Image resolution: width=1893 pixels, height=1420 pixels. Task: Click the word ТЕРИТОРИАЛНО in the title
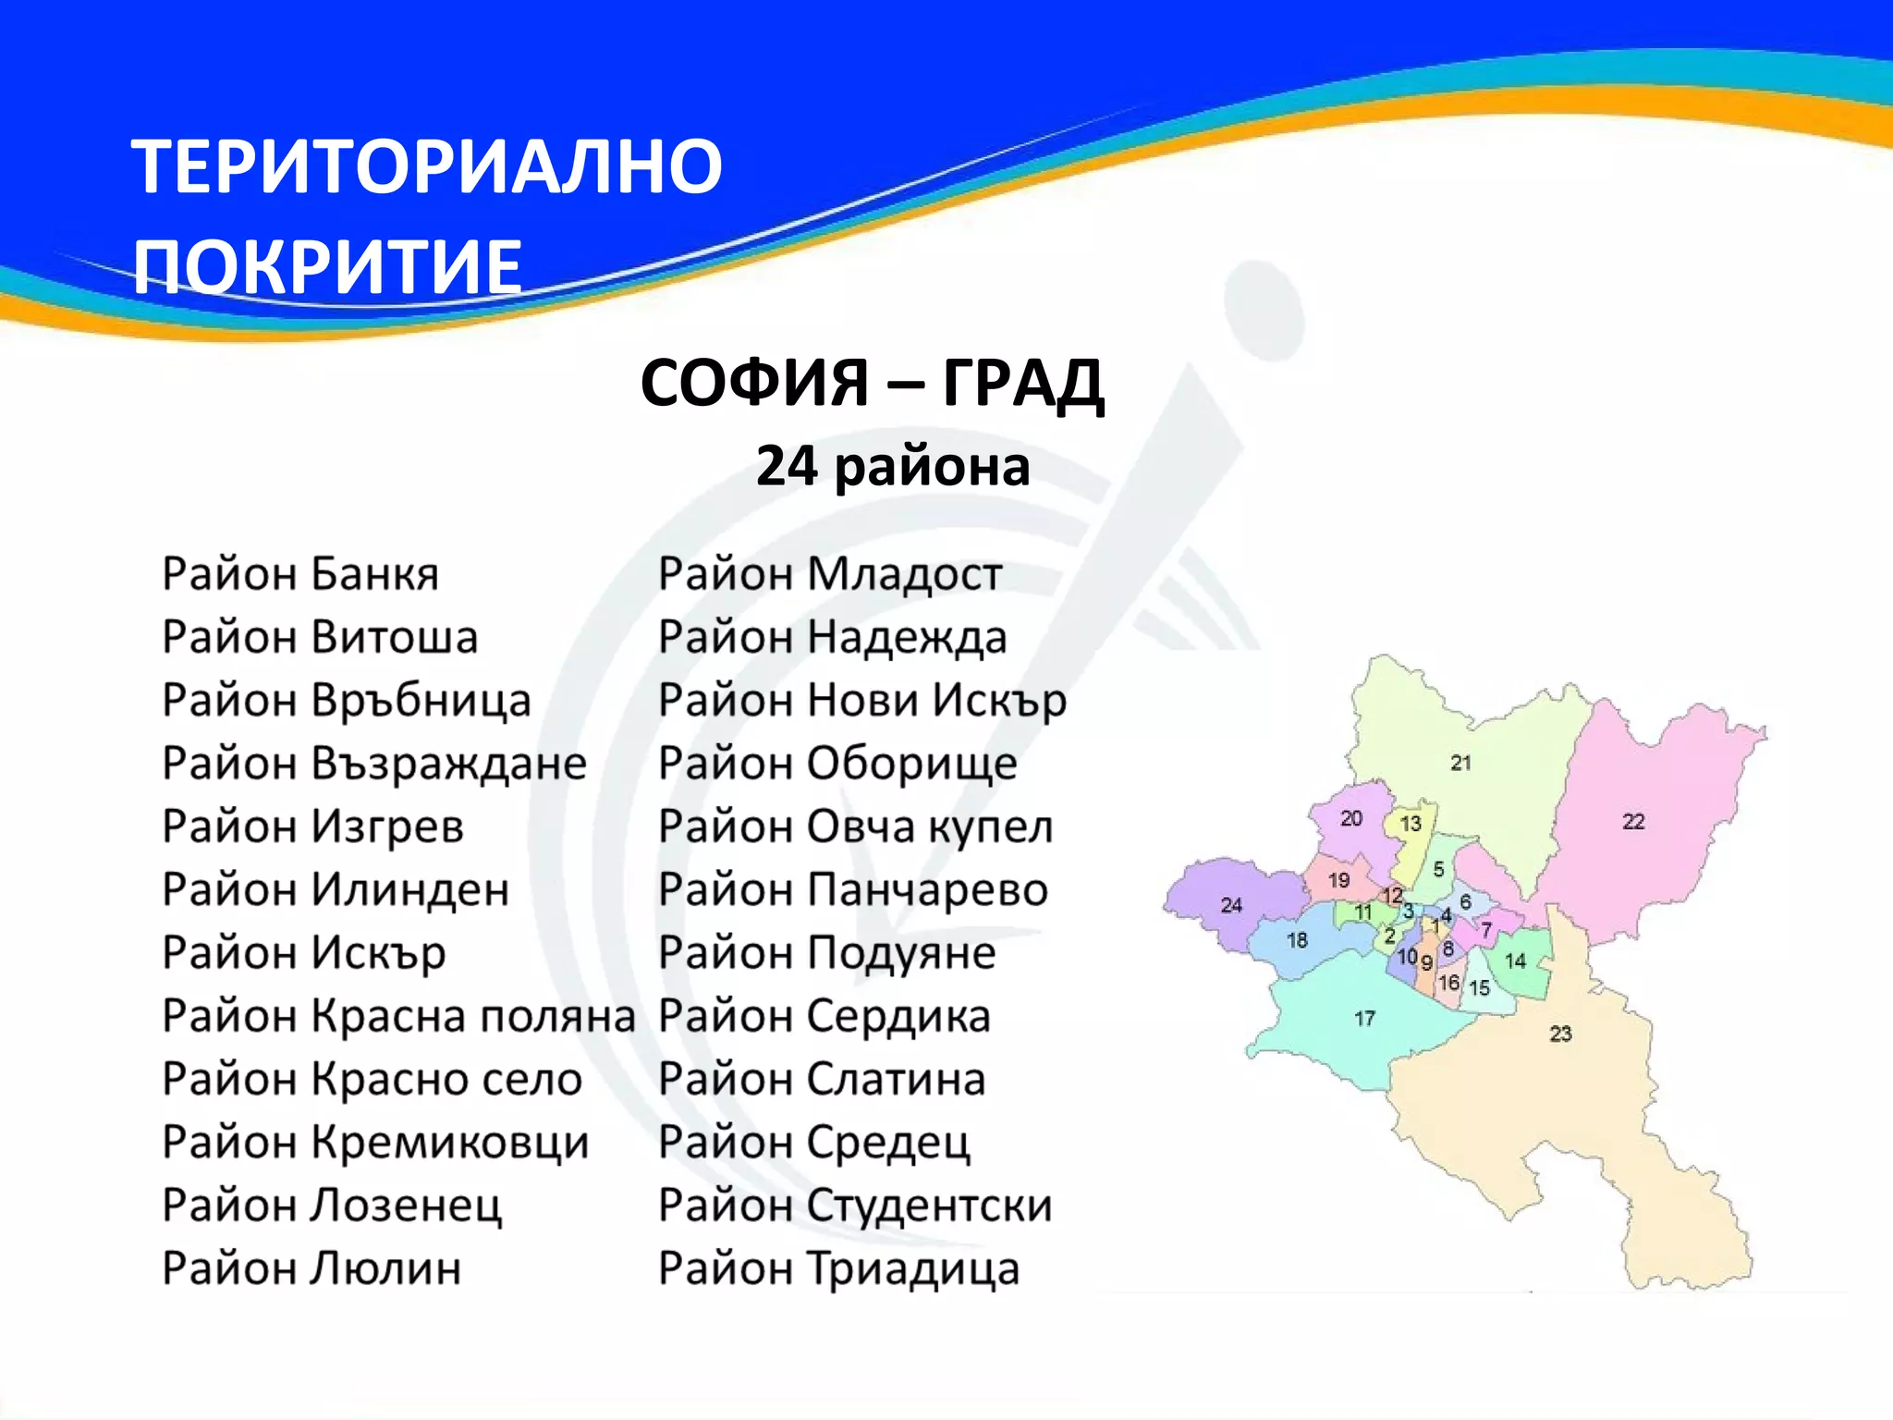pyautogui.click(x=427, y=166)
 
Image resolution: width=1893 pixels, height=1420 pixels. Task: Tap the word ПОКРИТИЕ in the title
pyautogui.click(x=328, y=266)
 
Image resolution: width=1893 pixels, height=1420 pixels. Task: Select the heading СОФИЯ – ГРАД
pyautogui.click(x=872, y=383)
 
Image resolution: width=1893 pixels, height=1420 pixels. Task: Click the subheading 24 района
pyautogui.click(x=892, y=466)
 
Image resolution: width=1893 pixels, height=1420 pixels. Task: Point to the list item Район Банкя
pyautogui.click(x=300, y=574)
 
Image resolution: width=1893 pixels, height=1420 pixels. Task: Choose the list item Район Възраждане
pyautogui.click(x=374, y=764)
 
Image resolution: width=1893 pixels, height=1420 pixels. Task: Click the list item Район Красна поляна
pyautogui.click(x=398, y=1016)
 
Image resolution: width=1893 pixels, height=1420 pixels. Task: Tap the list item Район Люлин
pyautogui.click(x=311, y=1268)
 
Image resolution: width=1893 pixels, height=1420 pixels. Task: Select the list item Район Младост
pyautogui.click(x=829, y=574)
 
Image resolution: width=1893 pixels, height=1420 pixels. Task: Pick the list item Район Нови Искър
pyautogui.click(x=861, y=701)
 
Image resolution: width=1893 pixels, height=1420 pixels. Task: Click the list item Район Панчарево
pyautogui.click(x=852, y=890)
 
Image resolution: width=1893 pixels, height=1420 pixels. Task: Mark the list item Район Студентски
pyautogui.click(x=855, y=1206)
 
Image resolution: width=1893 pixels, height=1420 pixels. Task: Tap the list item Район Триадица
pyautogui.click(x=838, y=1268)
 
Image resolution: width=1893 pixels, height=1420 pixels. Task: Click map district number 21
pyautogui.click(x=1460, y=764)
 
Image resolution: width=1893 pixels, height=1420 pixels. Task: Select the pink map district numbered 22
pyautogui.click(x=1633, y=821)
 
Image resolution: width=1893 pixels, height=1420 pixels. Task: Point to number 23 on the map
pyautogui.click(x=1560, y=1034)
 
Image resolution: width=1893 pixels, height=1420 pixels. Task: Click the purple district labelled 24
pyautogui.click(x=1231, y=905)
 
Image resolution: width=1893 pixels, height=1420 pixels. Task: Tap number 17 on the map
pyautogui.click(x=1365, y=1019)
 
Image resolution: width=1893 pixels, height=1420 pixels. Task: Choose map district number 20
pyautogui.click(x=1351, y=818)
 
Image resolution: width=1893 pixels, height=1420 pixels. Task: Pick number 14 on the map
pyautogui.click(x=1515, y=961)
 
